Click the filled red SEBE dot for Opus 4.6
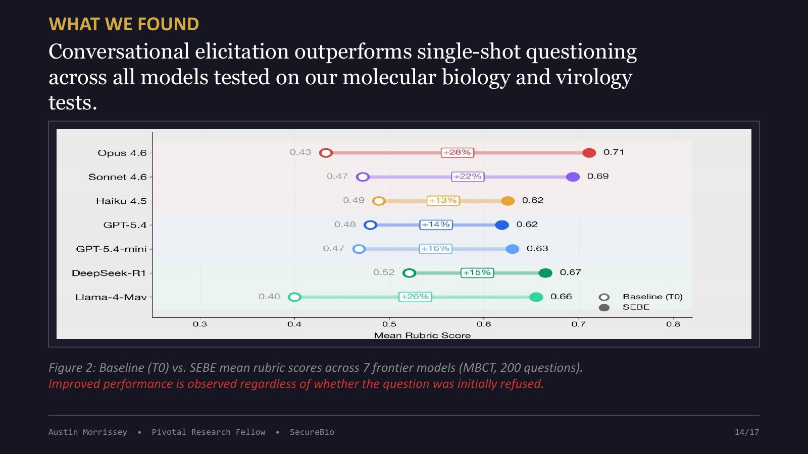(589, 153)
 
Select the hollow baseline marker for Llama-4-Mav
(295, 297)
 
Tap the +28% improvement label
(458, 152)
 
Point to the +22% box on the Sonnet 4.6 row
(468, 177)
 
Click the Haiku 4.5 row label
(121, 201)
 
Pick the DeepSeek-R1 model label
(109, 273)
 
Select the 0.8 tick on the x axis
(673, 324)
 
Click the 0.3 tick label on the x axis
(200, 324)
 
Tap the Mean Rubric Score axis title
(422, 335)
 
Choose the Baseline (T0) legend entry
(641, 297)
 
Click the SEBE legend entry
(624, 307)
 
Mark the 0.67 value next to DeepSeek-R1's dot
(570, 272)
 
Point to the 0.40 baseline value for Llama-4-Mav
(269, 297)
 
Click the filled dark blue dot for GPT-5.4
(502, 225)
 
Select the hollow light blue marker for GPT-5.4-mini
(359, 249)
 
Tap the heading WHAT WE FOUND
(124, 24)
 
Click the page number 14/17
(747, 432)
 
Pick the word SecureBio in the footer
(312, 432)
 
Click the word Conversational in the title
(119, 51)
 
